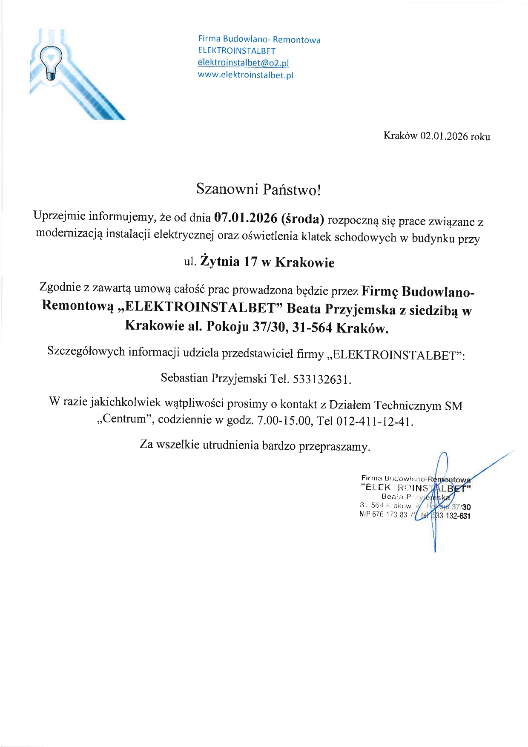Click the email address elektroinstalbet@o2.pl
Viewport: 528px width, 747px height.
coord(243,63)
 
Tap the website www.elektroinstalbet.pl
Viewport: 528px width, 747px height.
coord(246,75)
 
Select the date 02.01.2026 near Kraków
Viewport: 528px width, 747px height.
coord(444,136)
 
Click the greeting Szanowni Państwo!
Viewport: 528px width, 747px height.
coord(258,189)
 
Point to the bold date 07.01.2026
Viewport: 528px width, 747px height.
coord(245,218)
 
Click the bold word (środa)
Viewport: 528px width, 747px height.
coord(303,219)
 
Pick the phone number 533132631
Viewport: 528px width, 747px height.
coord(322,379)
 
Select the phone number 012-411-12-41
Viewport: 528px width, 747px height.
coord(374,422)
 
